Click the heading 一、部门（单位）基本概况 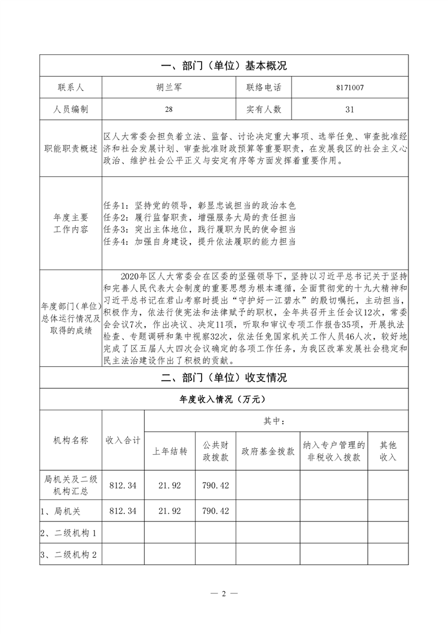pos(224,66)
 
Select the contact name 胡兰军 pos(169,88)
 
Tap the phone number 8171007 pos(349,88)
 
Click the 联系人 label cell pos(71,88)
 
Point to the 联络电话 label pos(264,88)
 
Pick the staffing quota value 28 pos(169,109)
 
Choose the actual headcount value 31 pos(349,109)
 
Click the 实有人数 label pos(264,109)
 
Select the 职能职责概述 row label pos(71,149)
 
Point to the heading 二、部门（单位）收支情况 pos(224,378)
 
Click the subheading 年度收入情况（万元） pos(224,399)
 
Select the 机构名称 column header pos(71,441)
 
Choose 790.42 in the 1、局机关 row pos(216,510)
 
